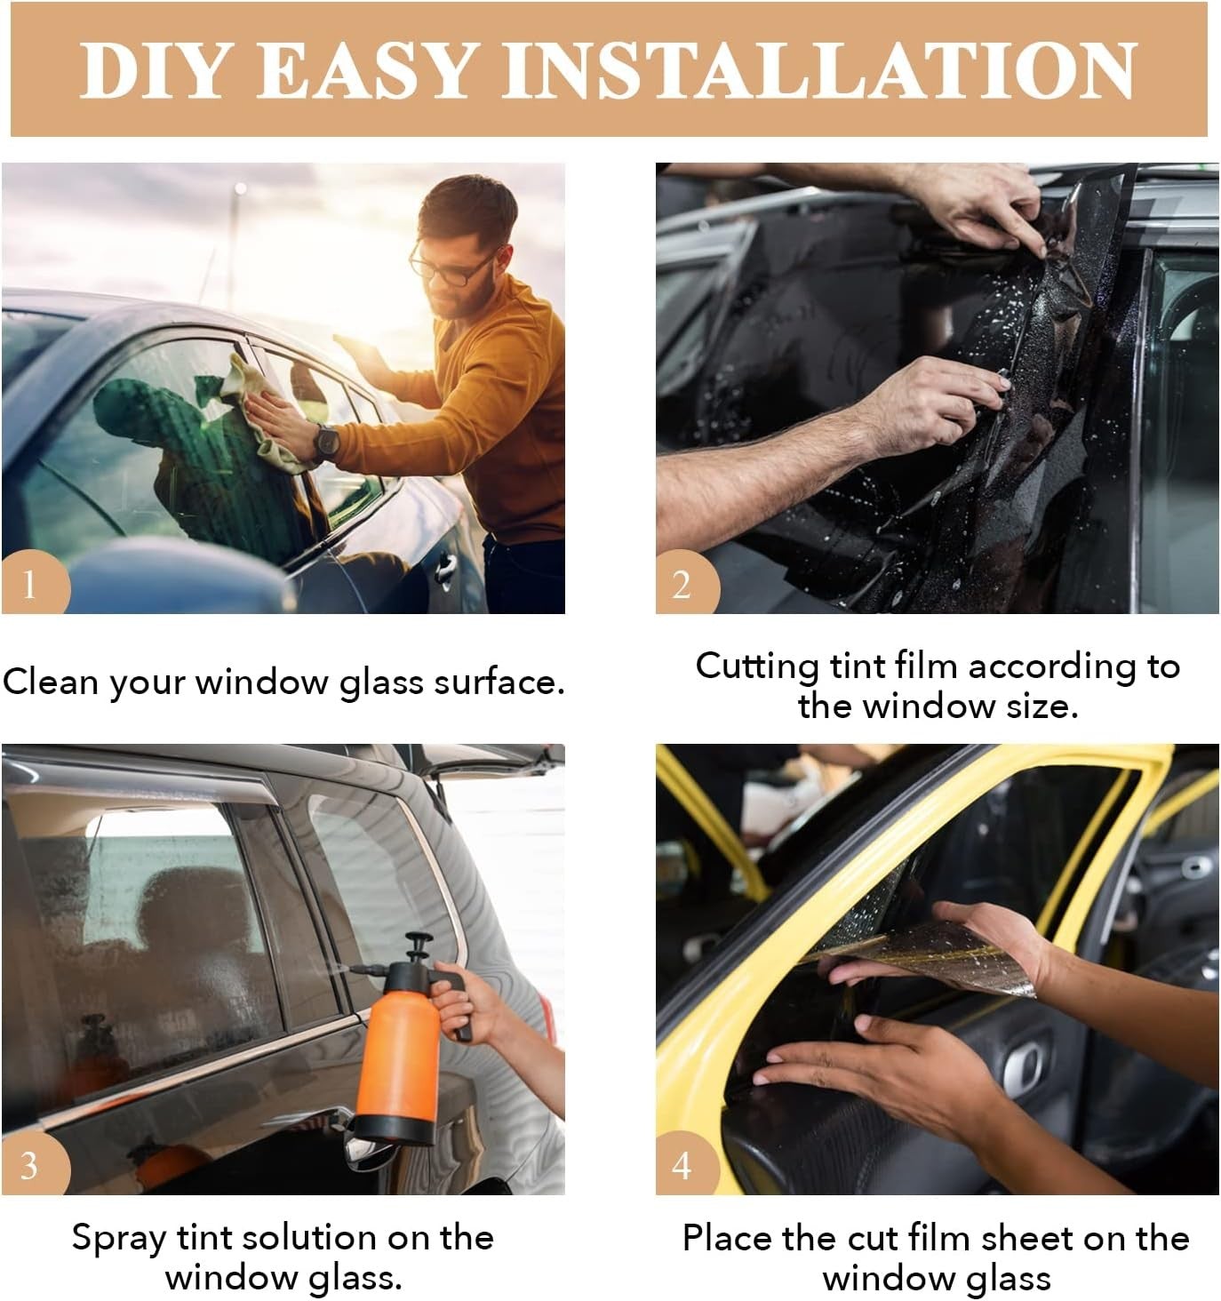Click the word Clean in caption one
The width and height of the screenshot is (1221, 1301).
[52, 682]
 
